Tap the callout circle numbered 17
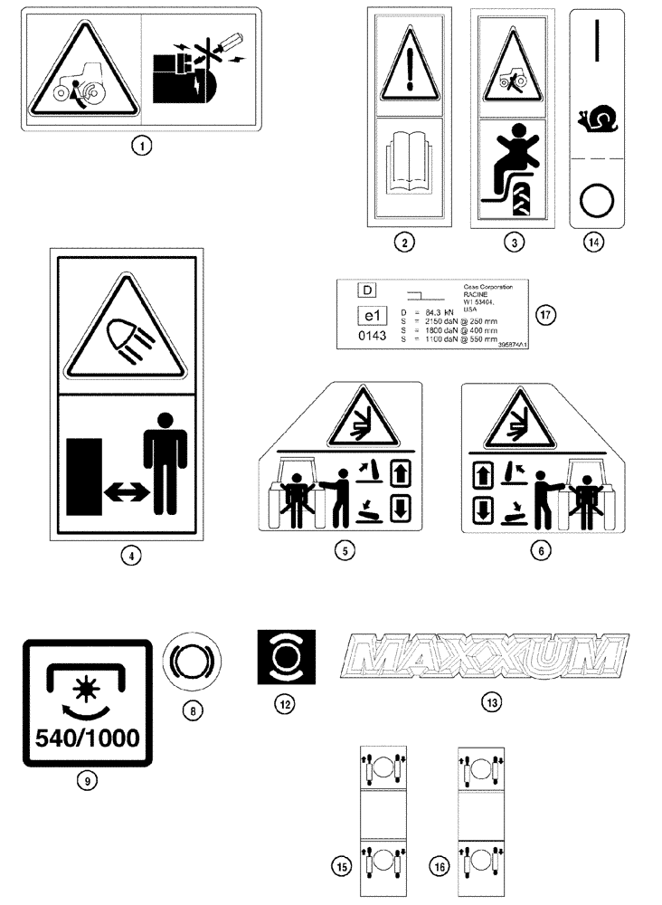[543, 315]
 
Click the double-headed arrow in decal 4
[127, 491]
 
